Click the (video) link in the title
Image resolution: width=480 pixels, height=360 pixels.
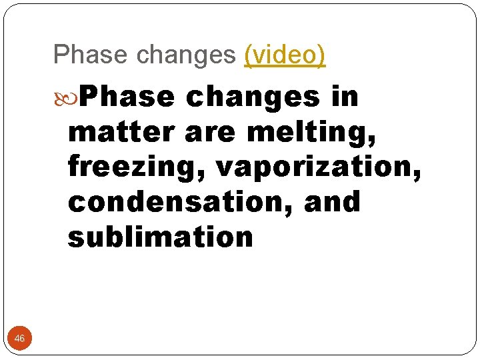285,55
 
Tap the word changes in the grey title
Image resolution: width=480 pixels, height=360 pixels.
184,55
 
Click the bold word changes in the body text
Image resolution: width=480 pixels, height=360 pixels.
253,97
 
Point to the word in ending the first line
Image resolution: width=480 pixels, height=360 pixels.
344,97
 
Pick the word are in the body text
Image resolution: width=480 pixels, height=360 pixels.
207,132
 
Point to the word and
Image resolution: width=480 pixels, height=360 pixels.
331,202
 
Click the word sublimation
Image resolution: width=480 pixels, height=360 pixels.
160,237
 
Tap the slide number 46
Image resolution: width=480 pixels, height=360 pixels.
19,339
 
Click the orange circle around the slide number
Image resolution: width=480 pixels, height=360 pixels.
19,331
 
